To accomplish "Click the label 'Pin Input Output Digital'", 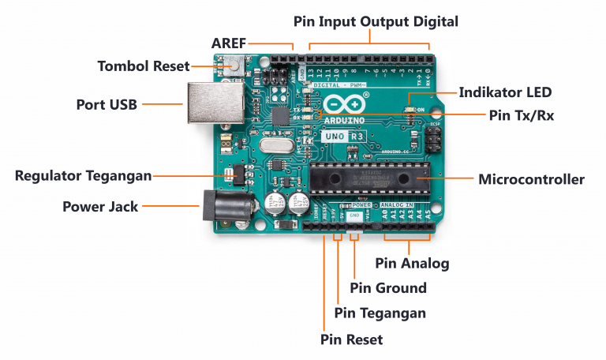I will (376, 21).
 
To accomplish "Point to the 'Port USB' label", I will (107, 104).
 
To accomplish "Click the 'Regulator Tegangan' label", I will (83, 174).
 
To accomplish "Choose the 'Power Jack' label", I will (100, 207).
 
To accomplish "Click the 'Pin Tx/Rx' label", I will (521, 115).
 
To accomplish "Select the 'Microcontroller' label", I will (531, 179).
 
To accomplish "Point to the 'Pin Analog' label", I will (412, 263).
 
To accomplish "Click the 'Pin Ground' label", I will (387, 288).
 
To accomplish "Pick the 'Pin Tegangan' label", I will (380, 313).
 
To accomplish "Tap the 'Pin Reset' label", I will (351, 339).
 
